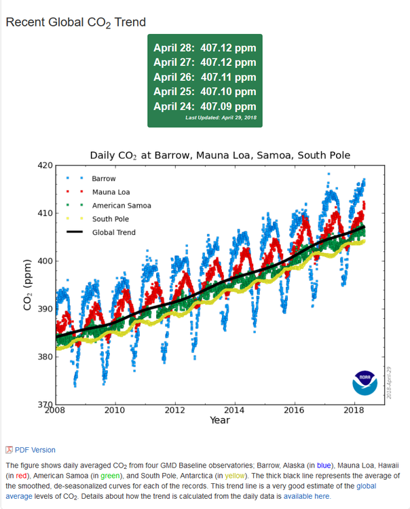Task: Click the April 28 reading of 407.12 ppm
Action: click(204, 48)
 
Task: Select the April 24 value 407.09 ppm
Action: click(204, 106)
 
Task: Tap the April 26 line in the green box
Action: click(204, 77)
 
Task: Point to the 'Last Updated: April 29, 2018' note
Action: click(221, 118)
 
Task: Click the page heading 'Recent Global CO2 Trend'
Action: click(75, 22)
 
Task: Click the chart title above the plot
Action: click(220, 155)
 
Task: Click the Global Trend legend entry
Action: click(113, 233)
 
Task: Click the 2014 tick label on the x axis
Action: click(235, 410)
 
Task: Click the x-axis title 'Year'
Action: click(219, 420)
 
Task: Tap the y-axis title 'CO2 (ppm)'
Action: click(28, 285)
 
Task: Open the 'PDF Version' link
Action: click(34, 450)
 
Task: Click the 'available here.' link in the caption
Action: click(307, 496)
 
